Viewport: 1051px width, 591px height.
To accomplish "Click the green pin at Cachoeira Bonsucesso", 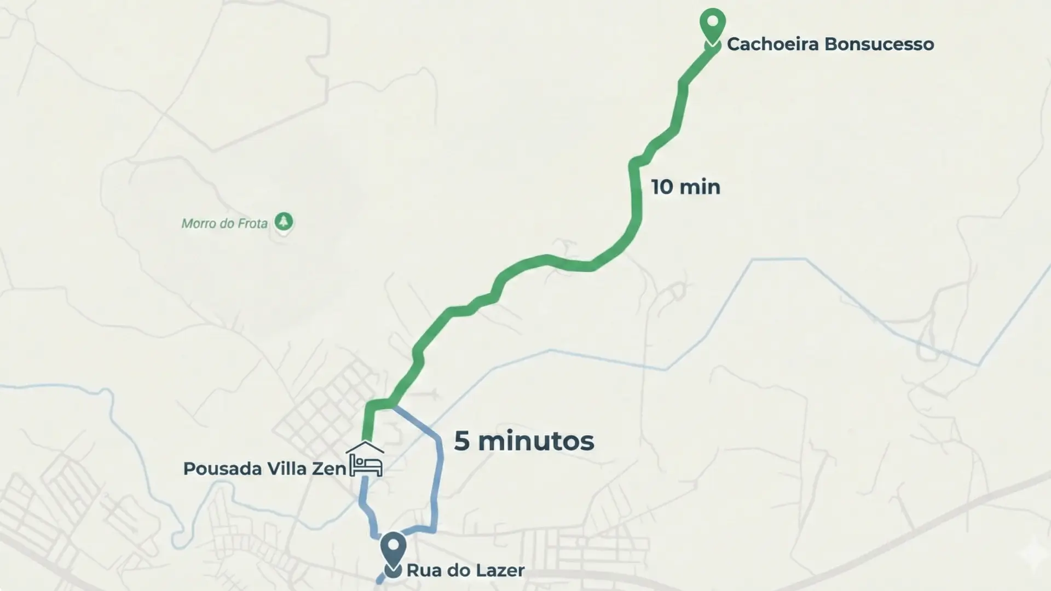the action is click(712, 25).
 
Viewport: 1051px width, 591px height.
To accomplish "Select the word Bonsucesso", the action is click(879, 44).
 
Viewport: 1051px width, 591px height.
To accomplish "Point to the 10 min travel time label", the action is click(685, 187).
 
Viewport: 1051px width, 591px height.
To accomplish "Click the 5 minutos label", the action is click(524, 441).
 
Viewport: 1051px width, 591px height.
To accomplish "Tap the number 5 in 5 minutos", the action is click(461, 441).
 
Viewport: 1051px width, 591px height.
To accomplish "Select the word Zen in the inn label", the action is click(329, 469).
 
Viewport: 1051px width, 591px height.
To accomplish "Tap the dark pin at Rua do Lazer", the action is click(393, 550).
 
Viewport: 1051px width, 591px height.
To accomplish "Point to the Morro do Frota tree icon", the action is click(283, 222).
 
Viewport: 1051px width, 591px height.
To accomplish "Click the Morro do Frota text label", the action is click(224, 224).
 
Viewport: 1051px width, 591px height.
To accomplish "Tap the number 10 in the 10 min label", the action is click(662, 187).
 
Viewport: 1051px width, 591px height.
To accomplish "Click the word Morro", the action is click(199, 224).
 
